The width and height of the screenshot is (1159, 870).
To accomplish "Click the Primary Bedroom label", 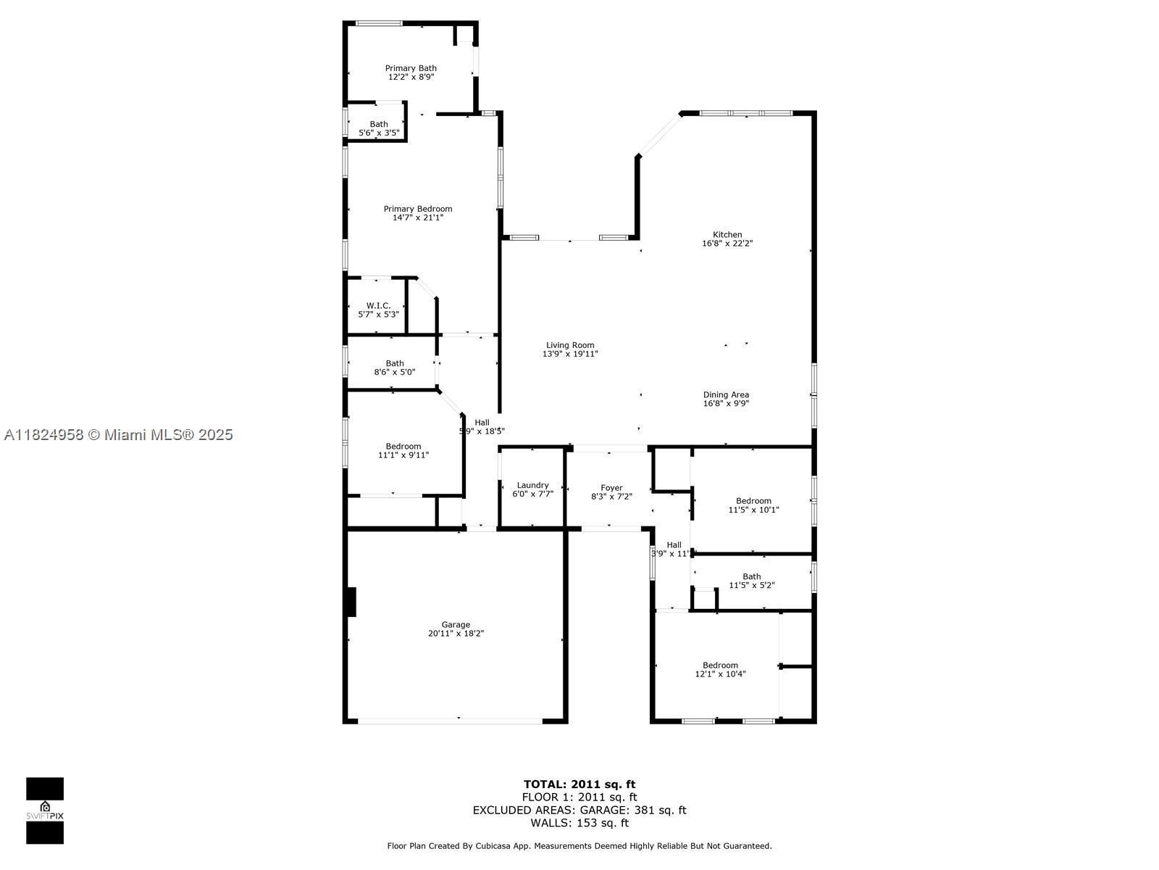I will (x=418, y=209).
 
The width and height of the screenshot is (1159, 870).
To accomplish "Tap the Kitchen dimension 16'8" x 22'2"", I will (x=727, y=244).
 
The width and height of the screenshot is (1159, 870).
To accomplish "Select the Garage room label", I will (x=456, y=624).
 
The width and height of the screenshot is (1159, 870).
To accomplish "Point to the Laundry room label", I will (x=532, y=485).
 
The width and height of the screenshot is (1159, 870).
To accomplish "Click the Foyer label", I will (x=611, y=488).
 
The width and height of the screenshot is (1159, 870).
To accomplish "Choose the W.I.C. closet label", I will (x=378, y=306).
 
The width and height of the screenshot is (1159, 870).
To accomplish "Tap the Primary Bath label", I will (x=411, y=68).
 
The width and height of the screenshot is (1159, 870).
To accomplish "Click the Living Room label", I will (x=570, y=345).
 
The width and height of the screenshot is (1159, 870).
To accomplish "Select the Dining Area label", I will (x=726, y=394).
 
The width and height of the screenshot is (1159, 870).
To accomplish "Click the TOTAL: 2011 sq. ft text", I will (x=579, y=784).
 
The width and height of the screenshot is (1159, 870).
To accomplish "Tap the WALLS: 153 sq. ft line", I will (x=579, y=823).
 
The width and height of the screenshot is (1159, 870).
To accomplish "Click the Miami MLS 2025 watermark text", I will (x=119, y=434).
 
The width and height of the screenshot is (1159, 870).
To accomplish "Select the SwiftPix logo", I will (x=45, y=811).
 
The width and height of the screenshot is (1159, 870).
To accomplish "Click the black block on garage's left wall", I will (x=351, y=602).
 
